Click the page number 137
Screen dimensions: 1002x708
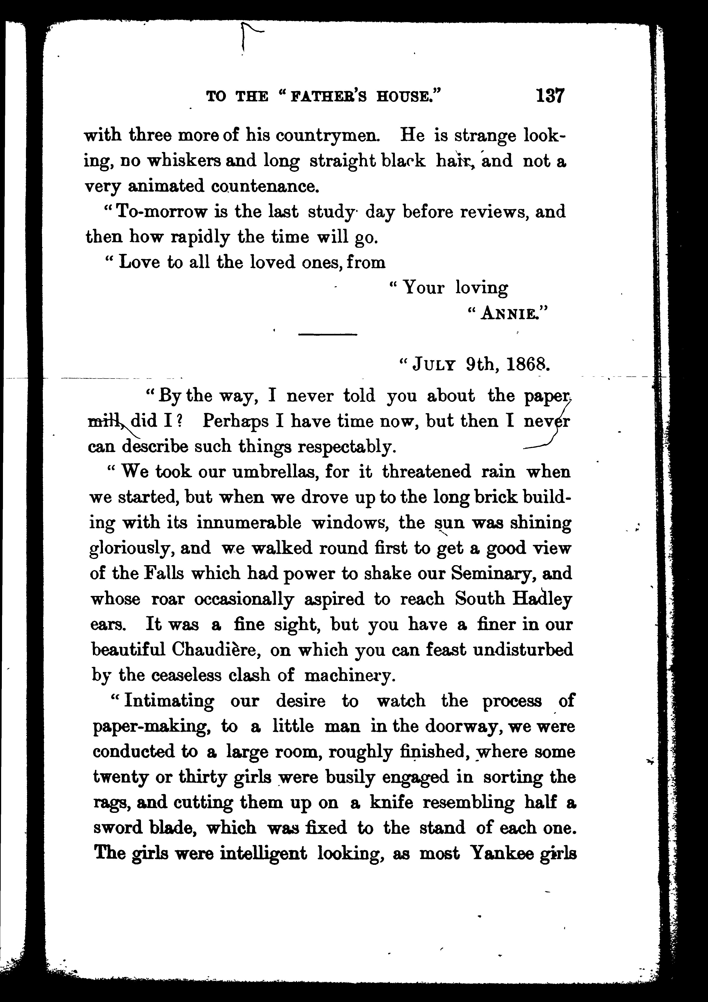pos(550,95)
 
